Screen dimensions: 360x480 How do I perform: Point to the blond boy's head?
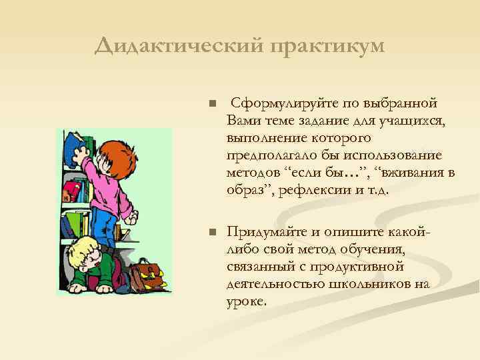pyautogui.click(x=85, y=253)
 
